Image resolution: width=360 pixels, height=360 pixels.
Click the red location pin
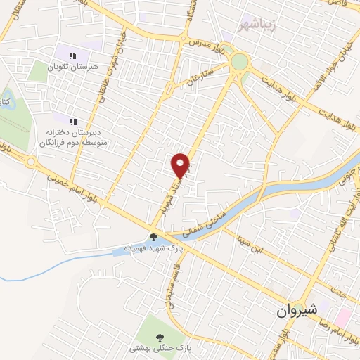click(x=181, y=165)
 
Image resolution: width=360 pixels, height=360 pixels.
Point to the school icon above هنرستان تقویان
click(x=72, y=54)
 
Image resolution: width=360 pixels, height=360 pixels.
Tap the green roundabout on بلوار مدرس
click(x=240, y=62)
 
